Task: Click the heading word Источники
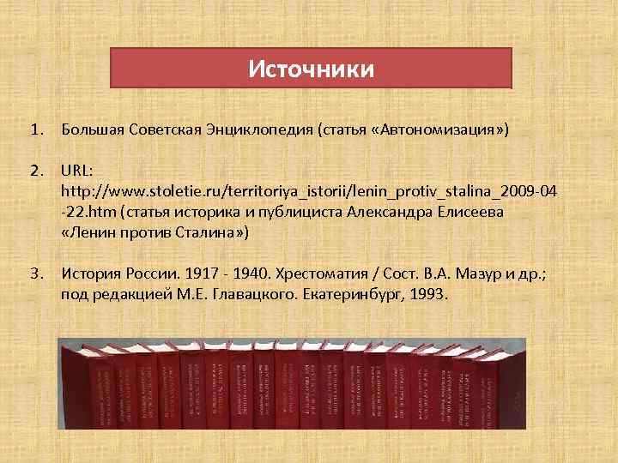(311, 69)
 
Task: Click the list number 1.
(35, 130)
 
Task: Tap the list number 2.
(35, 170)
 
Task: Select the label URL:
(79, 170)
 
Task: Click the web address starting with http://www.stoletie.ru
(309, 189)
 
